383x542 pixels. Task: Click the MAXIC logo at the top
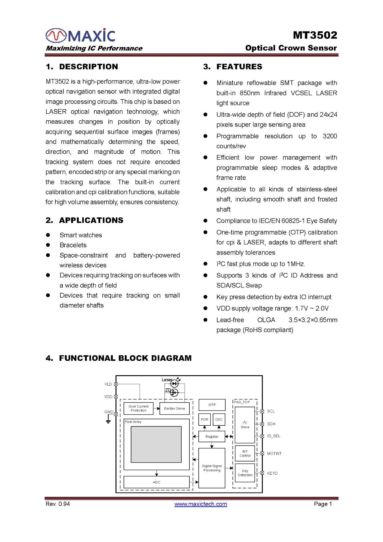80,35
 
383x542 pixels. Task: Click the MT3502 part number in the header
315,35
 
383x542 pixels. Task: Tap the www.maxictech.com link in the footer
200,504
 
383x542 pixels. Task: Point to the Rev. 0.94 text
58,504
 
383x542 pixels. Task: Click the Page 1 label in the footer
323,504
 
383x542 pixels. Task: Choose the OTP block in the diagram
212,405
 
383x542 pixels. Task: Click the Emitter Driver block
174,408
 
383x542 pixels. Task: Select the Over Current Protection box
139,408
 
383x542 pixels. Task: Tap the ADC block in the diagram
156,482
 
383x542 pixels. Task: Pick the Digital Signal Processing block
212,468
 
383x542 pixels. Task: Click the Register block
212,437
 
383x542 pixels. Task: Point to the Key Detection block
245,473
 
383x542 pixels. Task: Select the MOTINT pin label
274,454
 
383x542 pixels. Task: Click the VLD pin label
108,384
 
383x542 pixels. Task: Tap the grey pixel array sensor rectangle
156,444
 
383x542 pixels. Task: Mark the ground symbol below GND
108,421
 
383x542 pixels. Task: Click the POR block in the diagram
204,420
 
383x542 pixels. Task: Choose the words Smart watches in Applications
81,235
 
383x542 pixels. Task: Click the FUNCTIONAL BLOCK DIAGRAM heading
118,358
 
